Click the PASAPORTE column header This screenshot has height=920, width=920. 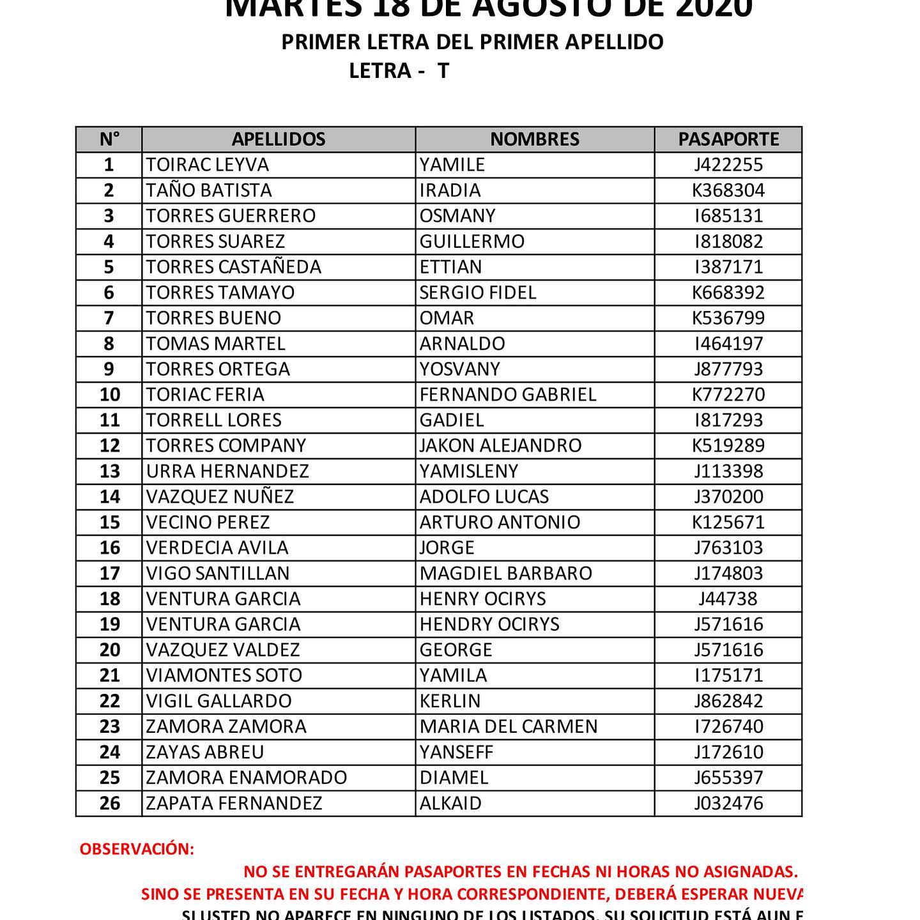(728, 139)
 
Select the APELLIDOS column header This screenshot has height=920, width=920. (278, 139)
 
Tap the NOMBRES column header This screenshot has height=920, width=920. (535, 139)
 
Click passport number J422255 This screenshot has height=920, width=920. (728, 165)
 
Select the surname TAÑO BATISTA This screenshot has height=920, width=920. (209, 190)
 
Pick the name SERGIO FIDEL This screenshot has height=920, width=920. (477, 293)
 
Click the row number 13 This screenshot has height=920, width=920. (109, 471)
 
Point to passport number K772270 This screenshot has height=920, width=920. (728, 395)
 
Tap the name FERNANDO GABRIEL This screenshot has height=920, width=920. (508, 395)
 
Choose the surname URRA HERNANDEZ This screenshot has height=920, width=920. (227, 471)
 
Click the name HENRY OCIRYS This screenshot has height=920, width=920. (482, 599)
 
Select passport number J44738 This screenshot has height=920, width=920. (728, 599)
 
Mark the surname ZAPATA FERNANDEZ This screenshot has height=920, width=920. (234, 803)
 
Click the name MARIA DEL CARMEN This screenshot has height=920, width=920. (509, 726)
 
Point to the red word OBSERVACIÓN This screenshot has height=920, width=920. (137, 849)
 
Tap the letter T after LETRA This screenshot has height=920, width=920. (443, 70)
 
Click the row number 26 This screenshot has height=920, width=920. (109, 803)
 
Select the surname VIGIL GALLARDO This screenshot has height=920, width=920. (218, 701)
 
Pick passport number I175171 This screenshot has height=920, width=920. (728, 675)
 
